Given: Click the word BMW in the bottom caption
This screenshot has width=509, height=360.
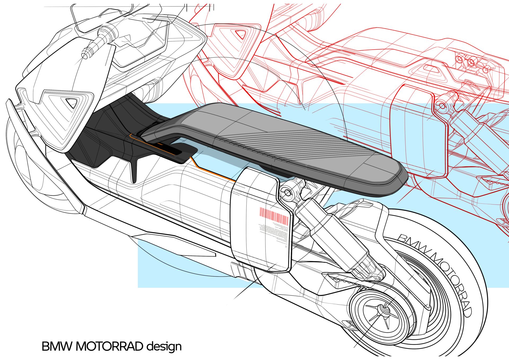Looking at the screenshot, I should click(57, 346).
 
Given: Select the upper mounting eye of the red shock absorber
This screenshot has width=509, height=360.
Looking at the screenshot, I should click(442, 106).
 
